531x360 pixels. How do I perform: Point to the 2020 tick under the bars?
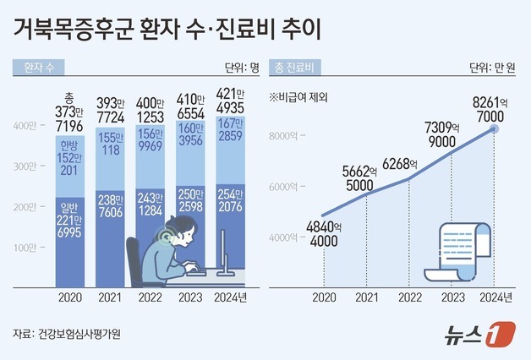click(69, 297)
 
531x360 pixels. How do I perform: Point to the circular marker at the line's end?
click(495, 129)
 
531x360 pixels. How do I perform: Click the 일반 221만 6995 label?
click(69, 222)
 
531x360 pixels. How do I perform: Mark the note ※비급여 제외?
click(298, 96)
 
